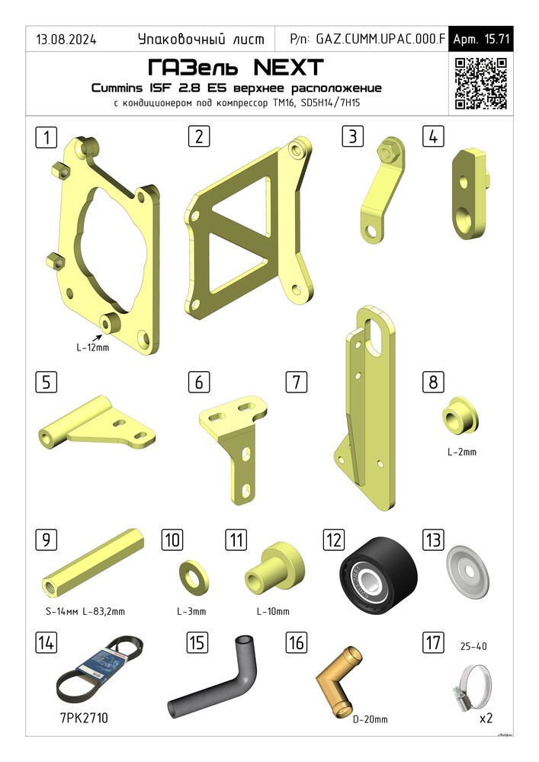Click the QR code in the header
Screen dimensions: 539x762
coord(480,84)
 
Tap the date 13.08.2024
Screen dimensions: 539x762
coord(66,40)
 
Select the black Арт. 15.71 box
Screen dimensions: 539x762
coord(480,39)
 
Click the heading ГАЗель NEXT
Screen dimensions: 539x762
coord(236,68)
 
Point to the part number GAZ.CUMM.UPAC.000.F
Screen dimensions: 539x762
coord(380,39)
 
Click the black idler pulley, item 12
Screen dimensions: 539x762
coord(379,575)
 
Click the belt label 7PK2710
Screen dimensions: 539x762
coord(84,718)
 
